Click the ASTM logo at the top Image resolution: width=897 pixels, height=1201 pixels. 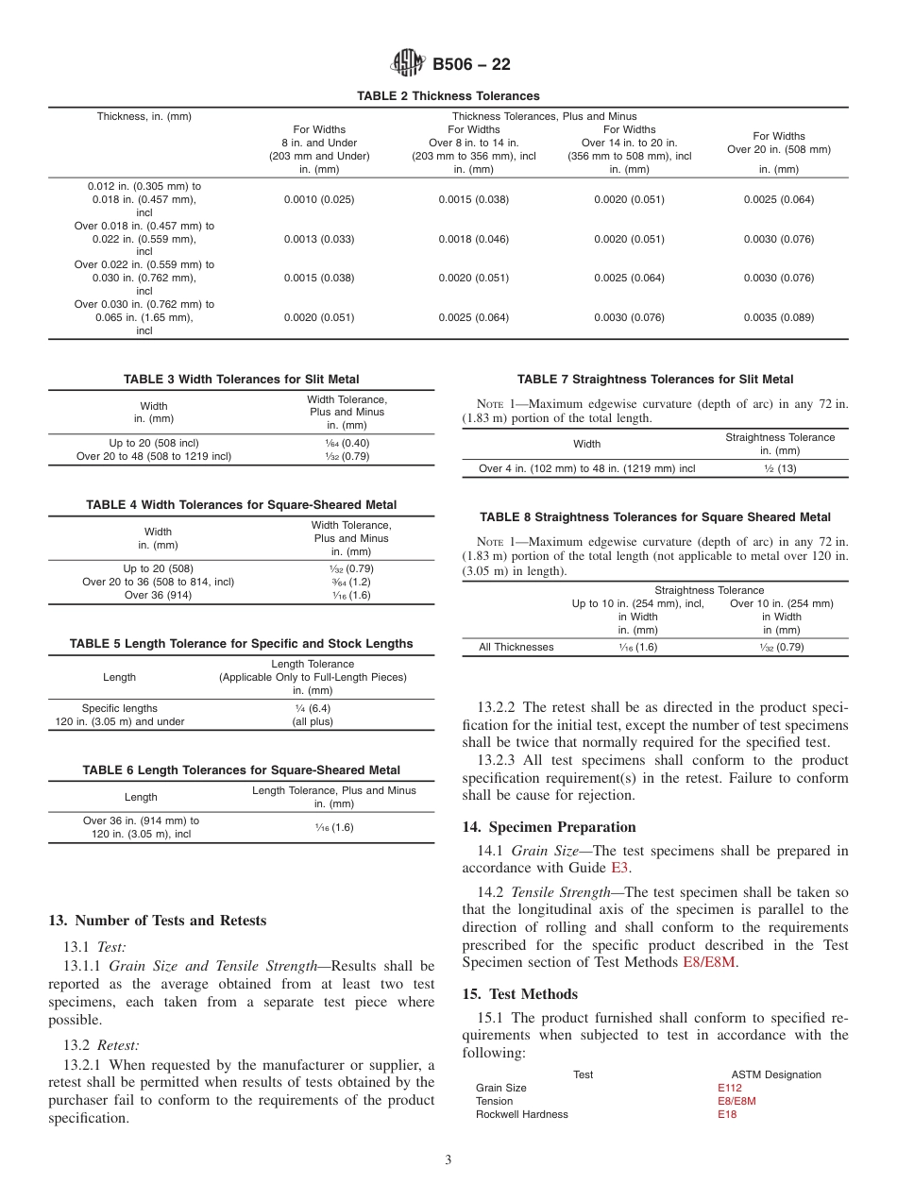point(407,64)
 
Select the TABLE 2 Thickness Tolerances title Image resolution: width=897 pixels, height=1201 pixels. point(448,96)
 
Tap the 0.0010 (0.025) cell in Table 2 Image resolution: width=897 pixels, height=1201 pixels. point(319,199)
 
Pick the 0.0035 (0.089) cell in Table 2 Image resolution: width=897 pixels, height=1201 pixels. point(778,317)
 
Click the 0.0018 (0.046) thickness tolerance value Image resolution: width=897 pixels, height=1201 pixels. point(473,239)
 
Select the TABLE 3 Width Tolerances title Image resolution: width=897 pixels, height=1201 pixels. point(241,380)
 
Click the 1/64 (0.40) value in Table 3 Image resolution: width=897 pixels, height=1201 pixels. point(347,442)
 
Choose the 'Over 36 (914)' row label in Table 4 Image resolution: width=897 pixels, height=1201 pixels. point(158,595)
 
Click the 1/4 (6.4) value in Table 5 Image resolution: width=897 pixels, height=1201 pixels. point(313,708)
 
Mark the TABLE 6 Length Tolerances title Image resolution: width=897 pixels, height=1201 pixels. point(241,770)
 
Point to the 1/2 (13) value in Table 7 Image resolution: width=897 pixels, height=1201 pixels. point(779,468)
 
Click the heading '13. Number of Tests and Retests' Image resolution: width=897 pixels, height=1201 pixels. point(157,921)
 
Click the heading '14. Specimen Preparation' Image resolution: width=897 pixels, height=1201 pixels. point(549,827)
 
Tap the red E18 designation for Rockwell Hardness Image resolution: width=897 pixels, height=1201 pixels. point(727,1114)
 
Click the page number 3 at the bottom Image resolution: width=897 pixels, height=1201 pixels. point(448,1160)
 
